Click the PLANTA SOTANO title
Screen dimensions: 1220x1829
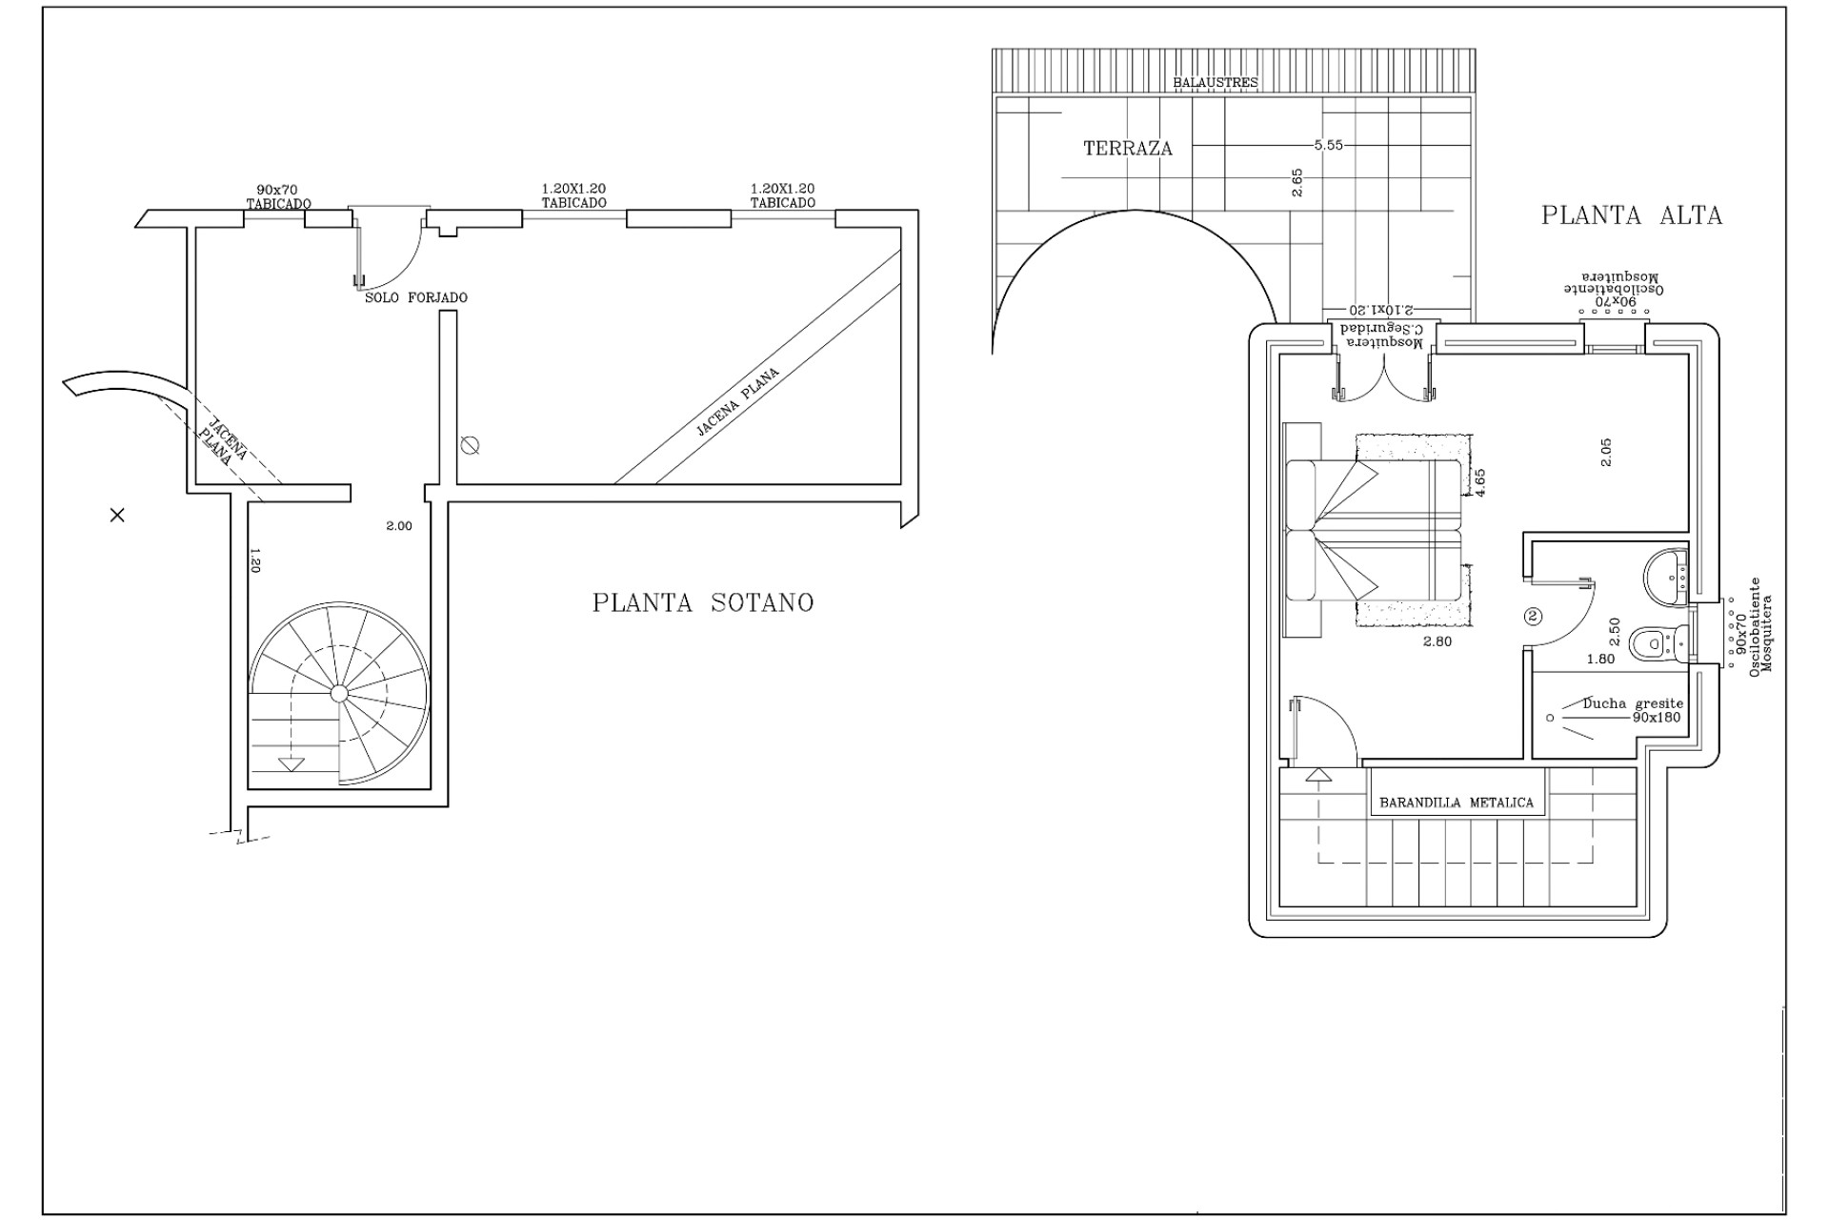(x=703, y=603)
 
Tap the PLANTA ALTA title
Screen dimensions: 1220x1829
(x=1632, y=215)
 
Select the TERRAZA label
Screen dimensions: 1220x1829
(x=1128, y=149)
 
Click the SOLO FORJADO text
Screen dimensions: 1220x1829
(x=416, y=297)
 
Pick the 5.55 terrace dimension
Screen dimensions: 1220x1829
(x=1328, y=146)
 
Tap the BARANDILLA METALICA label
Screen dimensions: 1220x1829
(x=1457, y=803)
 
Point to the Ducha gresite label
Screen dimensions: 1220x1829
(x=1633, y=703)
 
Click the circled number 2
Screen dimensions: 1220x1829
(x=1533, y=616)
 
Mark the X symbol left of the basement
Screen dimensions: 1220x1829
(x=117, y=516)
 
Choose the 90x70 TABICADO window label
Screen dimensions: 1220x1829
(x=278, y=196)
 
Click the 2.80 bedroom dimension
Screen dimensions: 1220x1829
(x=1437, y=641)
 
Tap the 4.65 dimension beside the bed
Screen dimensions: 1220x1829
(x=1480, y=482)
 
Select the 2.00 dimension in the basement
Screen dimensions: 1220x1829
(x=399, y=526)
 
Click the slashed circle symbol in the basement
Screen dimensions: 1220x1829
(x=469, y=445)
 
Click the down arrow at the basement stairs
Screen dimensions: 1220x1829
(x=291, y=763)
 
